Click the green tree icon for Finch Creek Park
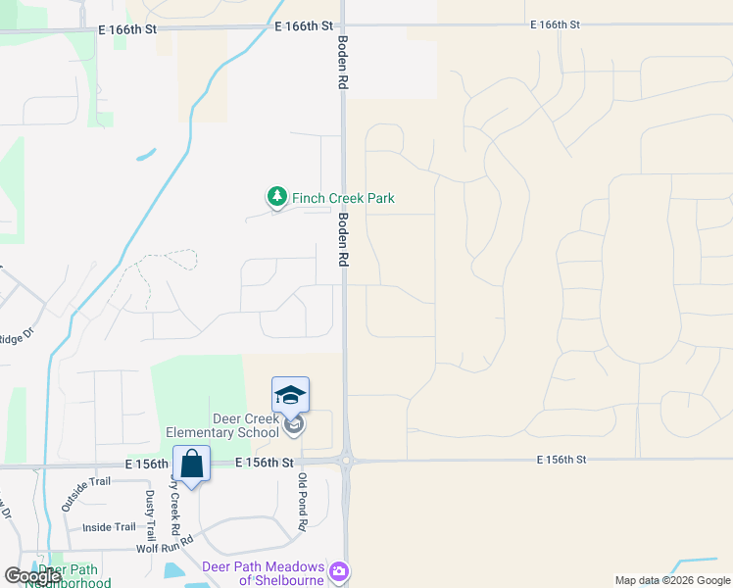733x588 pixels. tap(277, 197)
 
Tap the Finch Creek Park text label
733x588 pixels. tap(343, 198)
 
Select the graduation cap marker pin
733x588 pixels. tap(290, 395)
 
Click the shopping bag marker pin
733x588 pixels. tap(191, 464)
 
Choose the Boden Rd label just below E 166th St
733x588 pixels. tap(344, 65)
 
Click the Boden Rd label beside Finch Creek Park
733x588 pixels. tap(344, 240)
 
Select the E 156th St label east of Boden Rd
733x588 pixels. tap(562, 459)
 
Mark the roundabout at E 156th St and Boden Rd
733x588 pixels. tap(346, 460)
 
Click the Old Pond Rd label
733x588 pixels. tap(303, 502)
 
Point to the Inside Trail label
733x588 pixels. tap(109, 527)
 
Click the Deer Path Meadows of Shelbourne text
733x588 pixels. tap(263, 573)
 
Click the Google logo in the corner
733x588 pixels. tap(32, 576)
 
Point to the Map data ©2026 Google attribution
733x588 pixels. tap(671, 580)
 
